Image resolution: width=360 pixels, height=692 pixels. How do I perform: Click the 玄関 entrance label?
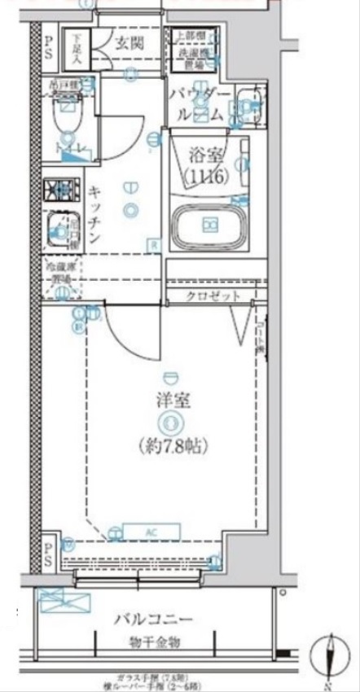(129, 43)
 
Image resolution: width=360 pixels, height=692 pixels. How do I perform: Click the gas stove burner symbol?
(59, 191)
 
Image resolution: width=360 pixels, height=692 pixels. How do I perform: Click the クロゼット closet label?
(213, 296)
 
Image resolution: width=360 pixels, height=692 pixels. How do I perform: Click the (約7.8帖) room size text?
(171, 445)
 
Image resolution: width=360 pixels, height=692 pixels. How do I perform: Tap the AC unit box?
(151, 531)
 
